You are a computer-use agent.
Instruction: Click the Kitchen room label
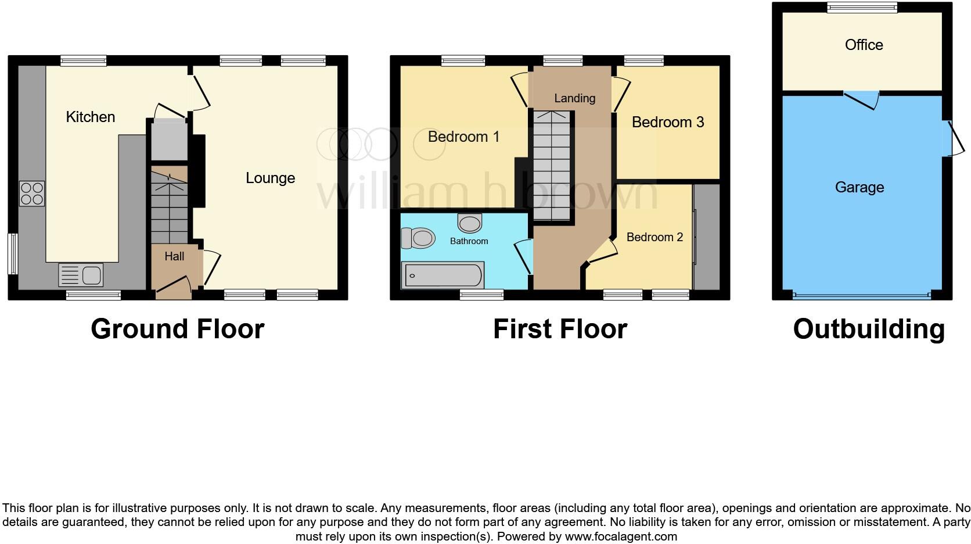[x=90, y=117]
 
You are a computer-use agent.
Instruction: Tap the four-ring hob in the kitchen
[x=32, y=194]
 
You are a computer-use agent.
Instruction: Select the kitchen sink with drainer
[x=81, y=275]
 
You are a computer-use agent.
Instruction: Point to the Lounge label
[x=271, y=178]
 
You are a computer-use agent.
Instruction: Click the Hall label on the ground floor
[x=174, y=256]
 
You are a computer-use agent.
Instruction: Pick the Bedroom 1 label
[x=463, y=137]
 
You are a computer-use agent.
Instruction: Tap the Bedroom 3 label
[x=668, y=122]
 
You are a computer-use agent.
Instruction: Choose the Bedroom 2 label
[x=654, y=237]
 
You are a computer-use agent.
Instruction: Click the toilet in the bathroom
[x=418, y=238]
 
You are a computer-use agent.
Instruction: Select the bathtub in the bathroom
[x=443, y=275]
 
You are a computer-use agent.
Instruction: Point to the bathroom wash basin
[x=469, y=223]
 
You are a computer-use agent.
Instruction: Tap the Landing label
[x=575, y=98]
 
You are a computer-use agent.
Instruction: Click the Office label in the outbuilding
[x=864, y=45]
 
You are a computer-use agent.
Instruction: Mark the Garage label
[x=859, y=187]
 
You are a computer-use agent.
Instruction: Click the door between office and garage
[x=861, y=100]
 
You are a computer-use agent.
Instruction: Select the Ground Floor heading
[x=178, y=329]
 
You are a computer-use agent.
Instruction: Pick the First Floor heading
[x=560, y=329]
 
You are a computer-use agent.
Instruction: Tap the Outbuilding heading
[x=869, y=330]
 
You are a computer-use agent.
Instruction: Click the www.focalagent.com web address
[x=621, y=536]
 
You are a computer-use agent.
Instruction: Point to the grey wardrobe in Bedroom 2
[x=707, y=237]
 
